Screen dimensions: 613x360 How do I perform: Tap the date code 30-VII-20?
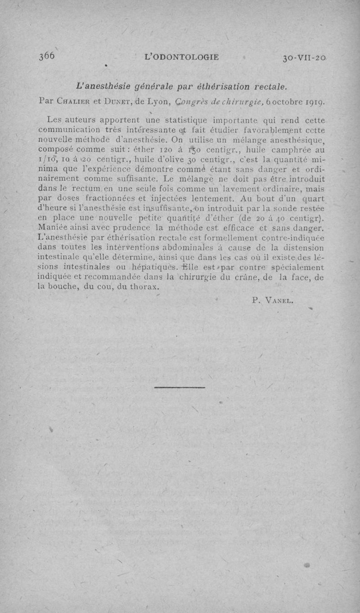pyautogui.click(x=304, y=58)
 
